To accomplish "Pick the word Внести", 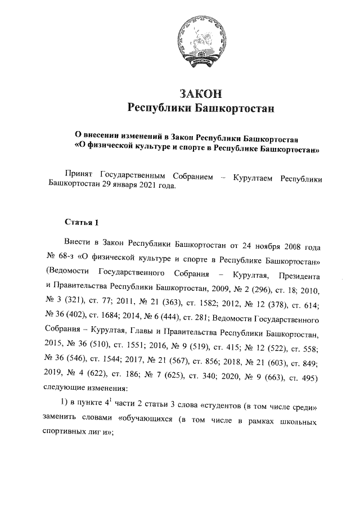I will pyautogui.click(x=78, y=246).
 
